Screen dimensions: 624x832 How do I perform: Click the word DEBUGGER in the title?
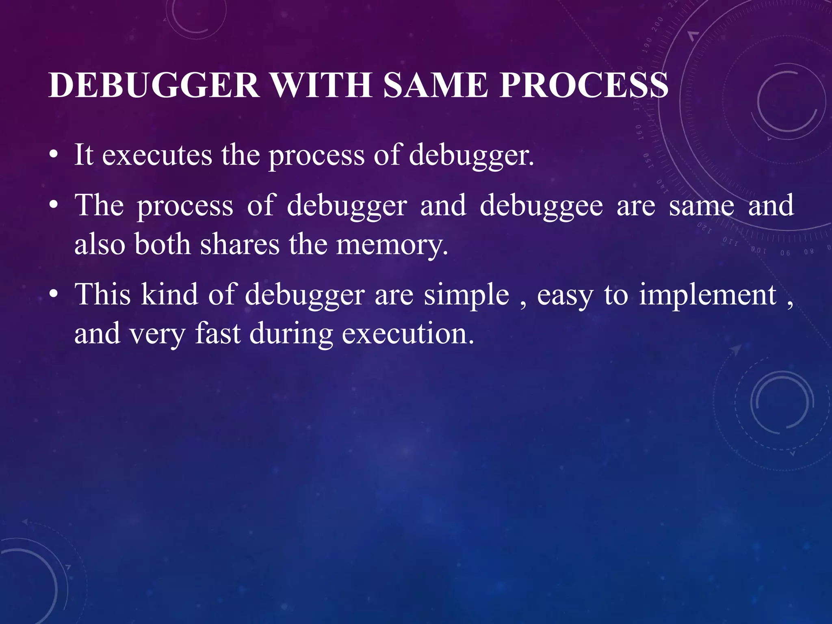click(x=154, y=85)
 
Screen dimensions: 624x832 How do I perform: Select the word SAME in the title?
click(x=435, y=85)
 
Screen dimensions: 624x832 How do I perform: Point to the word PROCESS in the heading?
click(x=584, y=85)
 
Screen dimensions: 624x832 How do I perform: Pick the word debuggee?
click(x=541, y=206)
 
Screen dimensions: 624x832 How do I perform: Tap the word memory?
click(x=392, y=245)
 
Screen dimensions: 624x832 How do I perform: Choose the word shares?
click(x=240, y=245)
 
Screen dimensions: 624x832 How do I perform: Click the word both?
click(x=162, y=245)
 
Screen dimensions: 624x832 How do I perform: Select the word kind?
click(x=169, y=294)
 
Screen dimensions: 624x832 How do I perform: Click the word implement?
click(x=708, y=295)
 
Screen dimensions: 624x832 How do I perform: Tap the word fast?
click(x=218, y=333)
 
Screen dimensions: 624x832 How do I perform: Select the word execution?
click(x=408, y=333)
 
